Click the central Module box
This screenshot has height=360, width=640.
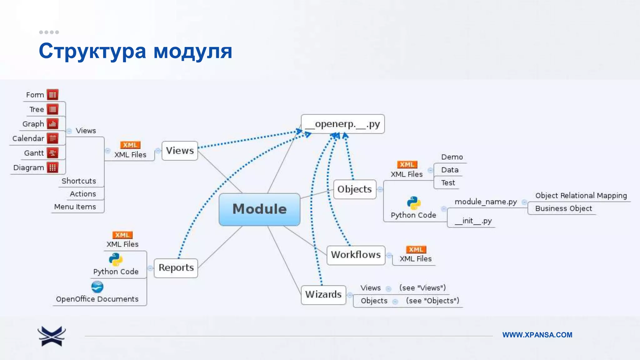pos(259,209)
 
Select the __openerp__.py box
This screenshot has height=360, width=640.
pos(343,124)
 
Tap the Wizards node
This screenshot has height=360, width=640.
pos(323,294)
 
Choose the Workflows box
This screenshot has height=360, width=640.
pos(356,255)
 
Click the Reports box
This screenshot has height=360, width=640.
pos(176,268)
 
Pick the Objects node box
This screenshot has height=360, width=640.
pos(355,189)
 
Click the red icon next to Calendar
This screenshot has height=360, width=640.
pos(52,138)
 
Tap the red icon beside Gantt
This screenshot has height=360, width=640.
pos(52,153)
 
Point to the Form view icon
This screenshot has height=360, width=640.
pos(52,95)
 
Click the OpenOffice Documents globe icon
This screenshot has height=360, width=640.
pos(97,287)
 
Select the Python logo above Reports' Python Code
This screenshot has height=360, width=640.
pos(116,259)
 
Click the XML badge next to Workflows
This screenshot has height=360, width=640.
pos(416,249)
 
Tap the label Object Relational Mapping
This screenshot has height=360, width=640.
pos(581,196)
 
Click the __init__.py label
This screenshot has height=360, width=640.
pos(473,221)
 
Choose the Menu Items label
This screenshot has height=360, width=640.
pos(75,207)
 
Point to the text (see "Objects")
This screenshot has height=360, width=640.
pos(432,301)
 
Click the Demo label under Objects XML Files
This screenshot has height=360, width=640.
pos(452,157)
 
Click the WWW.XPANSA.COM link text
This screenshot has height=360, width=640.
pos(537,335)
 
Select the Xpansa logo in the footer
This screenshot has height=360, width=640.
pos(52,336)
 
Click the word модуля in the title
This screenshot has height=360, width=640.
pos(193,51)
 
